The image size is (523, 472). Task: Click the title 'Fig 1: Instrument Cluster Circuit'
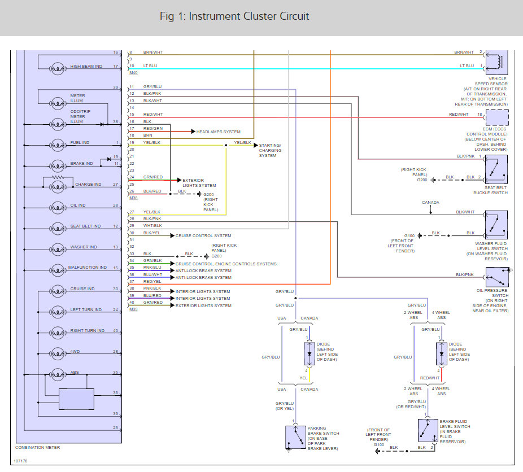(x=234, y=16)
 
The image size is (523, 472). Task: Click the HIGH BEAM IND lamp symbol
(x=58, y=69)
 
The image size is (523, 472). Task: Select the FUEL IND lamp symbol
(x=58, y=145)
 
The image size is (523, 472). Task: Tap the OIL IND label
(x=78, y=206)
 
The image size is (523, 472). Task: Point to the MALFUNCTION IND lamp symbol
(x=58, y=270)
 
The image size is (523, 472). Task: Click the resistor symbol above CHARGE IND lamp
(x=58, y=177)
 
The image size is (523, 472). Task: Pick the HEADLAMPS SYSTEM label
(x=218, y=132)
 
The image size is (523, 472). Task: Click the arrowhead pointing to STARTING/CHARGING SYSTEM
(x=256, y=145)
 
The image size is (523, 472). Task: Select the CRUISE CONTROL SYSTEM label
(x=203, y=235)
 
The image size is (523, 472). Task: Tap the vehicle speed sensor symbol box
(x=497, y=62)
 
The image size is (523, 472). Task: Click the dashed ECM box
(x=497, y=117)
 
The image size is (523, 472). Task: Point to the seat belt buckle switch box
(x=496, y=169)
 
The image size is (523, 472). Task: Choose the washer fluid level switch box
(x=496, y=225)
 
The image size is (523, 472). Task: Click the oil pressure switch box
(x=497, y=277)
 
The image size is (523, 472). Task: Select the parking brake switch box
(x=295, y=437)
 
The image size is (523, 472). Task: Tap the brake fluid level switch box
(x=428, y=430)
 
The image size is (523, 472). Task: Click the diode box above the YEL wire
(x=309, y=354)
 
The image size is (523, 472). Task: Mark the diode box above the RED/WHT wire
(x=442, y=354)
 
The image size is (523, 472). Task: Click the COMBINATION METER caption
(x=38, y=447)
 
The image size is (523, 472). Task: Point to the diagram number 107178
(x=21, y=461)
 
